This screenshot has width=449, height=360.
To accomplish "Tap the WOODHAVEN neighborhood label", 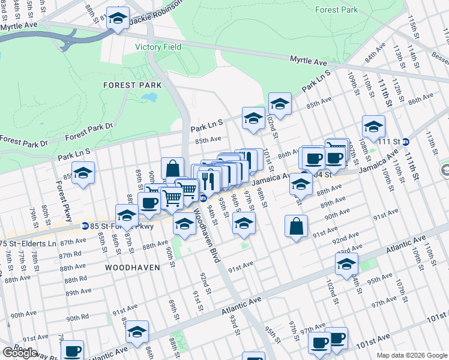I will tap(133, 267).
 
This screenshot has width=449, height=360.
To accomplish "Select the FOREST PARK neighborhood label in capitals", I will tap(132, 85).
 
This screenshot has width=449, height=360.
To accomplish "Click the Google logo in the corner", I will tap(20, 353).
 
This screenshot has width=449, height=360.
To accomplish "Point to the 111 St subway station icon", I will tap(406, 142).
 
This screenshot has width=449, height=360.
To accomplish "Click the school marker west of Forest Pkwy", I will tap(83, 173).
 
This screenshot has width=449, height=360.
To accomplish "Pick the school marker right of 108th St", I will tap(373, 127).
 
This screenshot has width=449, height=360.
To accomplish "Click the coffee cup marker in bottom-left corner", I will tap(73, 351).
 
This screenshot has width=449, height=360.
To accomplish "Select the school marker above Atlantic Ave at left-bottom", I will tap(137, 331).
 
